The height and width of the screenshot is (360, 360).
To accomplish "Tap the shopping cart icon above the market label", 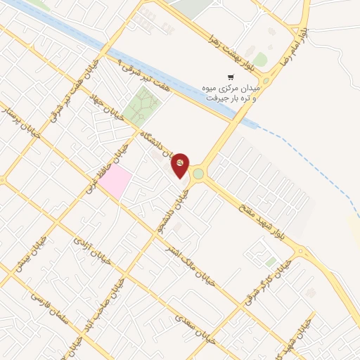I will click(230, 77).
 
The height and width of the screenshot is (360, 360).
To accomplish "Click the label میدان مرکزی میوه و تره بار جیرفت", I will click(233, 94).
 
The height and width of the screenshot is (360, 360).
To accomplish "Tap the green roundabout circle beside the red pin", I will click(199, 174).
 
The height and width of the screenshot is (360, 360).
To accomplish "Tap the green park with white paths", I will click(143, 106).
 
